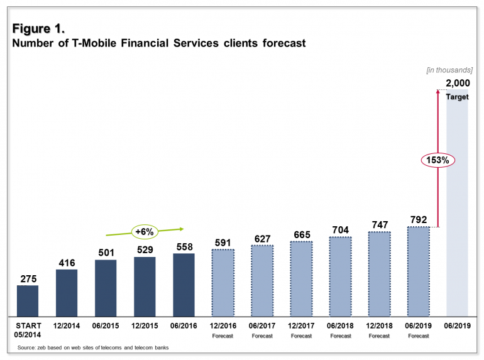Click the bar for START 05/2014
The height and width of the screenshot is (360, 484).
coord(28,301)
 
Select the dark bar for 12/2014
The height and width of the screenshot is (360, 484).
coord(67,293)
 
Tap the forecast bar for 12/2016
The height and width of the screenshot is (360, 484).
coord(223,283)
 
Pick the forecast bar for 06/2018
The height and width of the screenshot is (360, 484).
coord(340,276)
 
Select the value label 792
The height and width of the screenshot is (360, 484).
coord(418,219)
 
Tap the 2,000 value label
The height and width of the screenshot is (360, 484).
coord(457,84)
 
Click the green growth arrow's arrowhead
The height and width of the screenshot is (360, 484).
coord(180,229)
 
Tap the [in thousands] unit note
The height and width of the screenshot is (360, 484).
coord(449,70)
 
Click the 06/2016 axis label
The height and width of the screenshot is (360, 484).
coord(184,325)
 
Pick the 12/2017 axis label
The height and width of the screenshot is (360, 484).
coord(301,325)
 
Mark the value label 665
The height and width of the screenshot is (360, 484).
coord(301,235)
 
